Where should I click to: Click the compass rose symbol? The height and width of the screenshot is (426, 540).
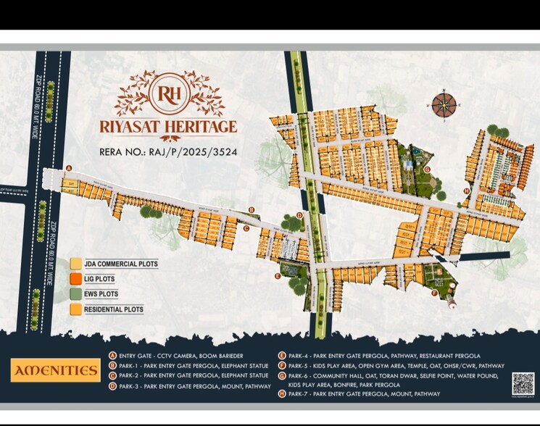(x=444, y=105)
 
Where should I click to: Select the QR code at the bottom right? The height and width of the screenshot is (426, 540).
(x=523, y=383)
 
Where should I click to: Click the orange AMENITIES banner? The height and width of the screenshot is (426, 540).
(x=56, y=370)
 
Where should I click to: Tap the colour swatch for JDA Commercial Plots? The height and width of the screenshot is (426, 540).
(x=75, y=264)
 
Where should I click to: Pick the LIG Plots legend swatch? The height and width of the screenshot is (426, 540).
(x=75, y=279)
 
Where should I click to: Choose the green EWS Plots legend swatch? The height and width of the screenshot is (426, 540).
(x=75, y=294)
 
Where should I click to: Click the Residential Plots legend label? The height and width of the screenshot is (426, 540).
(x=114, y=309)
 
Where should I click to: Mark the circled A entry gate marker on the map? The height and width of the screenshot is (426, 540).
(x=69, y=168)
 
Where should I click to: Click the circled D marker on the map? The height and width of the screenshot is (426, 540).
(x=299, y=215)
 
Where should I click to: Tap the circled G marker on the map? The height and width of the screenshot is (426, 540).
(x=427, y=170)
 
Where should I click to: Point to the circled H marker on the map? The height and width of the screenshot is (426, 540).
(x=466, y=191)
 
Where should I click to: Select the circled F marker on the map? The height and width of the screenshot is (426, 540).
(x=433, y=293)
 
